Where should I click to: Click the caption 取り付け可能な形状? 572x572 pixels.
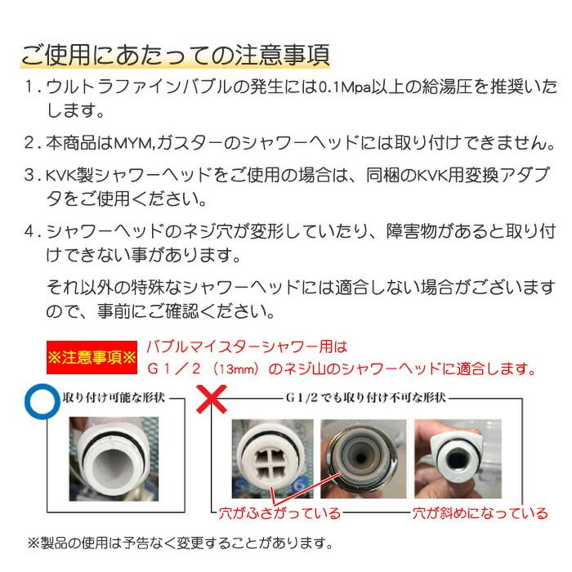tap(114, 399)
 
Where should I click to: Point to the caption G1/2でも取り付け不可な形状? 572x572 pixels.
tap(365, 399)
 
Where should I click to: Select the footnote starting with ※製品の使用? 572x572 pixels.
tap(180, 543)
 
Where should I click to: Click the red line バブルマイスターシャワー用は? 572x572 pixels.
tap(246, 347)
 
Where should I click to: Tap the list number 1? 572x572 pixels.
tap(29, 87)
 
